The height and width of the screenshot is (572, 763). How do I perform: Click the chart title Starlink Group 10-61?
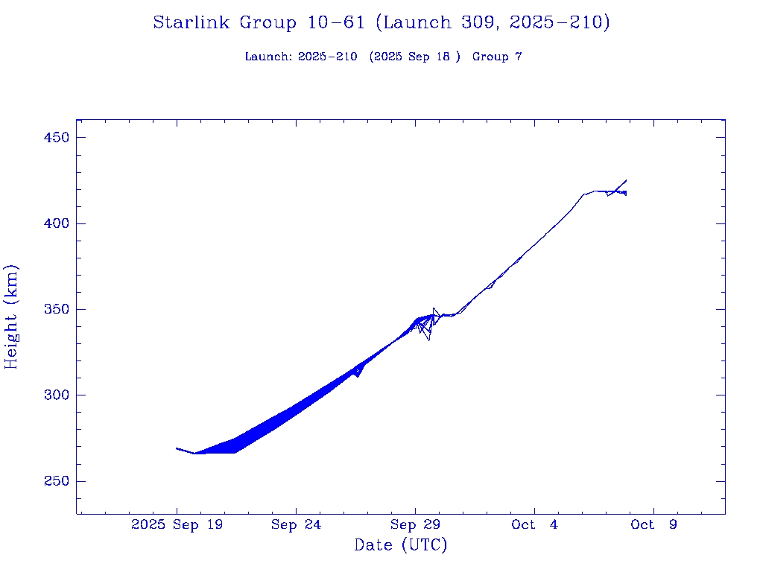pyautogui.click(x=381, y=23)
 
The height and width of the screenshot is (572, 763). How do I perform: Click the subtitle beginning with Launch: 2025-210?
pyautogui.click(x=383, y=57)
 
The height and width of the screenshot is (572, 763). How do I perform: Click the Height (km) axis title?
pyautogui.click(x=11, y=317)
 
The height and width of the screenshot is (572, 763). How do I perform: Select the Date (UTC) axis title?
pyautogui.click(x=401, y=545)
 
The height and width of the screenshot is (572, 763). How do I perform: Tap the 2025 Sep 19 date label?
pyautogui.click(x=177, y=525)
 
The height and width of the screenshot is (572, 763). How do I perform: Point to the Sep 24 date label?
pyautogui.click(x=296, y=525)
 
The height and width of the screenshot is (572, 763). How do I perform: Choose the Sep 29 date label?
pyautogui.click(x=415, y=525)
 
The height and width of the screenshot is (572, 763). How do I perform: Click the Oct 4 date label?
pyautogui.click(x=534, y=525)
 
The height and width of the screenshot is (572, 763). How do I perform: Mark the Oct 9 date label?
pyautogui.click(x=653, y=525)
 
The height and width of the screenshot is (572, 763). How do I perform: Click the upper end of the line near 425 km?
pyautogui.click(x=626, y=180)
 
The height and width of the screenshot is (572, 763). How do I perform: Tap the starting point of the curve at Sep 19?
pyautogui.click(x=177, y=448)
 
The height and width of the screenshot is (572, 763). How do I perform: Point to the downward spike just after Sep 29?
pyautogui.click(x=428, y=340)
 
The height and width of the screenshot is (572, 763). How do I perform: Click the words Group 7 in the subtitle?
pyautogui.click(x=497, y=57)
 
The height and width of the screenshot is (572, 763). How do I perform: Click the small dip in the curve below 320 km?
pyautogui.click(x=358, y=375)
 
